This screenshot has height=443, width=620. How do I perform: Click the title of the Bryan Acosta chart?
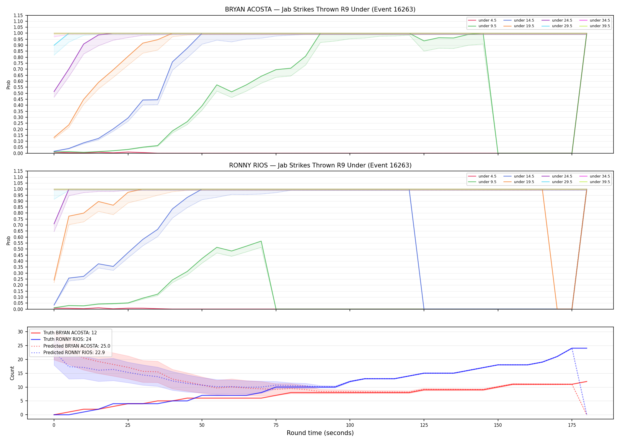pyautogui.click(x=320, y=9)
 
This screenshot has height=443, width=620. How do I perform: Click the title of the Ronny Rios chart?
pyautogui.click(x=320, y=165)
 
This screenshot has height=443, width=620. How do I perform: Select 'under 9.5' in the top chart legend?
pyautogui.click(x=487, y=26)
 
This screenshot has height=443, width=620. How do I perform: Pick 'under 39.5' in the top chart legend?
pyautogui.click(x=600, y=26)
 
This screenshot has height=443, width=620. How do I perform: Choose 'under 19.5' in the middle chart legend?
pyautogui.click(x=524, y=182)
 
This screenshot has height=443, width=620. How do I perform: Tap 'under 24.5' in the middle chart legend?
pyautogui.click(x=562, y=176)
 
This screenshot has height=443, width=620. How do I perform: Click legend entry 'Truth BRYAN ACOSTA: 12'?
pyautogui.click(x=70, y=333)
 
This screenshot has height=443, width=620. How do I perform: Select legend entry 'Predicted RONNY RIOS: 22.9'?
pyautogui.click(x=74, y=353)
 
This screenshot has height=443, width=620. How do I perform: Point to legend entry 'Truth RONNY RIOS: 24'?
pyautogui.click(x=67, y=339)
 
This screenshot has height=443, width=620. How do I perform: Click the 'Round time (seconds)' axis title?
pyautogui.click(x=320, y=433)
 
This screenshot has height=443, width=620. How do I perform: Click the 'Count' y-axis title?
pyautogui.click(x=12, y=373)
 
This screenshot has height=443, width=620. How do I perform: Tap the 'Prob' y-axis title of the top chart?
pyautogui.click(x=9, y=84)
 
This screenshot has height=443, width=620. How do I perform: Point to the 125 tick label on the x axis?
pyautogui.click(x=424, y=425)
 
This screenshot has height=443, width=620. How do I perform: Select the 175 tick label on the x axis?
pyautogui.click(x=572, y=425)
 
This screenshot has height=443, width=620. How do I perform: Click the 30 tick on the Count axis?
pyautogui.click(x=20, y=332)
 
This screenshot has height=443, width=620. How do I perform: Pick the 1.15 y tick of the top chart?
pyautogui.click(x=18, y=15)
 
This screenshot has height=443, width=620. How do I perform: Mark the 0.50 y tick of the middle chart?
pyautogui.click(x=18, y=249)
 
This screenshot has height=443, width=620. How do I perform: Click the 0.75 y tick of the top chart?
pyautogui.click(x=18, y=63)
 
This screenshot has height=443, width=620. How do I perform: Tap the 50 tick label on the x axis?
pyautogui.click(x=202, y=425)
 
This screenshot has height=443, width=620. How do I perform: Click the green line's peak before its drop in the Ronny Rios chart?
pyautogui.click(x=261, y=241)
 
